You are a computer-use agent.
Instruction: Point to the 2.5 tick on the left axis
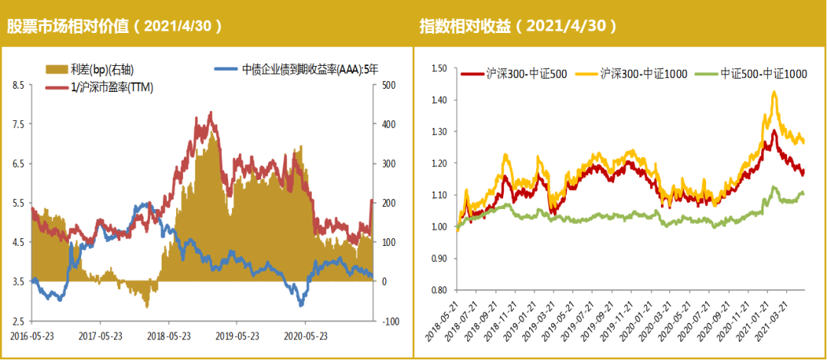pos(19,321)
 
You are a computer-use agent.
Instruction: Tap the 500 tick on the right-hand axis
pos(387,84)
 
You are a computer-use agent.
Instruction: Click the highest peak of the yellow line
pos(774,93)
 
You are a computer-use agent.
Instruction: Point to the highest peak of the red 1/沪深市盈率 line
pos(211,113)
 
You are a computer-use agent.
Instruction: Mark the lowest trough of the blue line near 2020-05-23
pos(301,305)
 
